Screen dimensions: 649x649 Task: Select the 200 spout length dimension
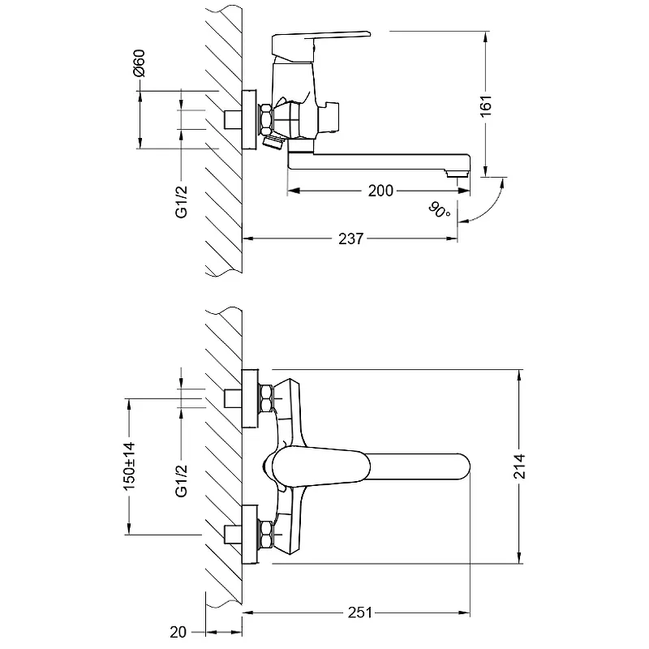(380, 191)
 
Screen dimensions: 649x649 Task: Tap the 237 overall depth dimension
(351, 239)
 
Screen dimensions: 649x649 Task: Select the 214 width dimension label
(519, 466)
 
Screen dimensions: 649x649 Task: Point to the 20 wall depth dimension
(178, 630)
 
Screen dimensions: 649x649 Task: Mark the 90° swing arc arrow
(487, 203)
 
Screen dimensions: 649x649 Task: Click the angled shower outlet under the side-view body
(274, 144)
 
